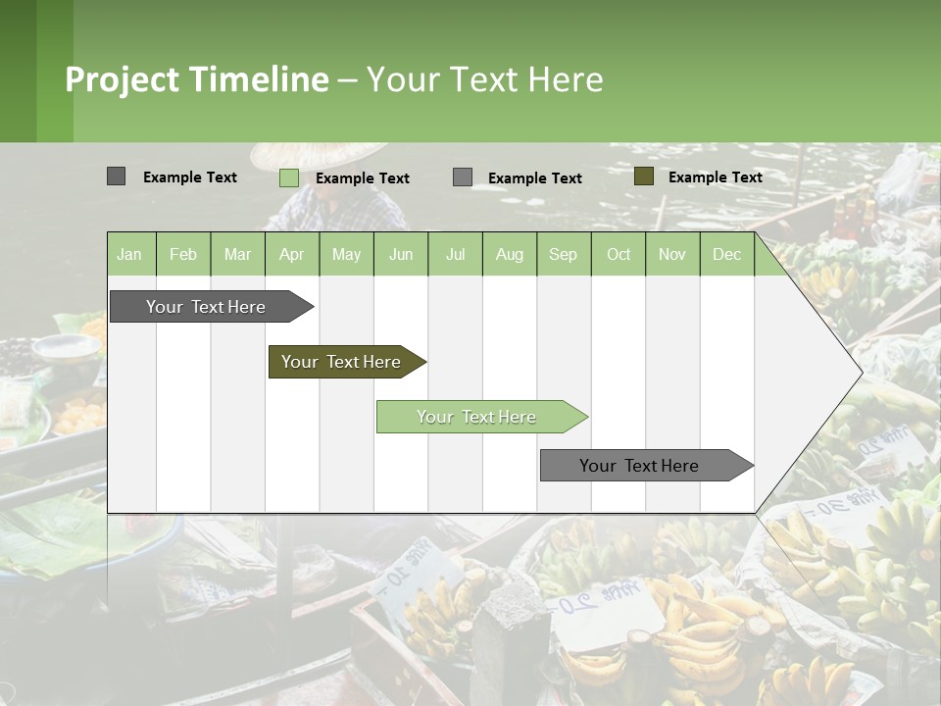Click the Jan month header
tap(129, 254)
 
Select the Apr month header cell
tap(291, 254)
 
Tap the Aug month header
tap(509, 254)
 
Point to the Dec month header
tap(726, 254)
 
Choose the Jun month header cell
tap(401, 254)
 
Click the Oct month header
tap(619, 254)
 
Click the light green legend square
tap(288, 177)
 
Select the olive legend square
tap(643, 176)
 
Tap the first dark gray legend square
tap(116, 176)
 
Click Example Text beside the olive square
tap(715, 176)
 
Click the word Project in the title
tap(122, 79)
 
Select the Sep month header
tap(563, 254)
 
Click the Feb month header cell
tap(183, 254)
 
